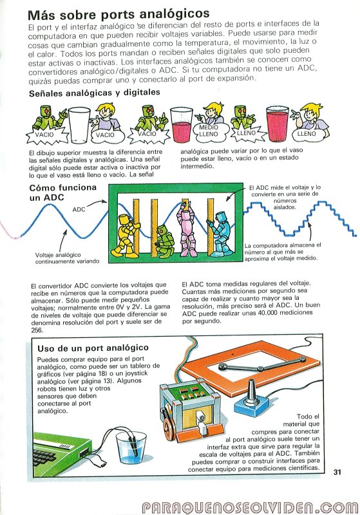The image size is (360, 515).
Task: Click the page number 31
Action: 337,472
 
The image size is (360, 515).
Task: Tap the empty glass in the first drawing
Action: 79,124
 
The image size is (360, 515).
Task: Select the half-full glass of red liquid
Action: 181,125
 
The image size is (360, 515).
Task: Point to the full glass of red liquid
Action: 277,124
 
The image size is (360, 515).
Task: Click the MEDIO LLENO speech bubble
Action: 209,131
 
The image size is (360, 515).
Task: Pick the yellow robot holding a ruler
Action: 128,235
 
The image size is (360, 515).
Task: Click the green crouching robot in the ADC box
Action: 165,241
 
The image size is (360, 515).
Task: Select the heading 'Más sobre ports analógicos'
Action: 118,14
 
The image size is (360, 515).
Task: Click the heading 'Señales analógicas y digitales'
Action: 95,93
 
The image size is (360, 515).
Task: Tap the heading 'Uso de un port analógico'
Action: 93,348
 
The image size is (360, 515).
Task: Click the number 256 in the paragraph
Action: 37,330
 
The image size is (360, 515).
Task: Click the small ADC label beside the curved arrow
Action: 79,210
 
